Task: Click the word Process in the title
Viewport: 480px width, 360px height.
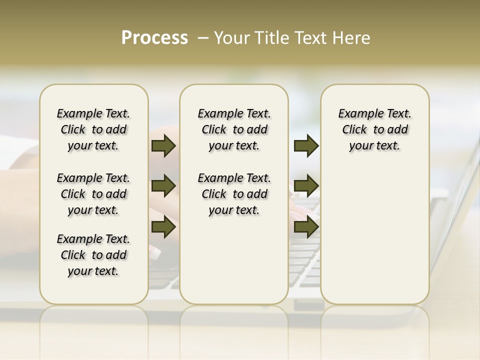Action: [154, 38]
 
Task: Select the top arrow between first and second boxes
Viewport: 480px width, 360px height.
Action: [163, 145]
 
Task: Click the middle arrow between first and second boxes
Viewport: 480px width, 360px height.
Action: [163, 186]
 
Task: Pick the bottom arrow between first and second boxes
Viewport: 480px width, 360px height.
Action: [163, 227]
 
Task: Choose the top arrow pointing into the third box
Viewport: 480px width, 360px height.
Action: [306, 145]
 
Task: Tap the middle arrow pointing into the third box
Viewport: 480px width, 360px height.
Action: [306, 186]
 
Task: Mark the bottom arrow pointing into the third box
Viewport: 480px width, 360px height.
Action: [306, 227]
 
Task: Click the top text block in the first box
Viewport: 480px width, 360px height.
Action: [93, 129]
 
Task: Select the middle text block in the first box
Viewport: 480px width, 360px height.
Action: [93, 194]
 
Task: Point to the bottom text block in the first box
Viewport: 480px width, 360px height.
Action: [93, 255]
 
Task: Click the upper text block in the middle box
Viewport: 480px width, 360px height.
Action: [234, 129]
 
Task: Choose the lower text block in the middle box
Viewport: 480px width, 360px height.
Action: [234, 194]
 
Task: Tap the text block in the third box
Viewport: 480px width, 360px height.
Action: [374, 129]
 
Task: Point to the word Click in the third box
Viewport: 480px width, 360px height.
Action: [354, 129]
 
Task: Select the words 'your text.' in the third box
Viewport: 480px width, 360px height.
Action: [374, 145]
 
